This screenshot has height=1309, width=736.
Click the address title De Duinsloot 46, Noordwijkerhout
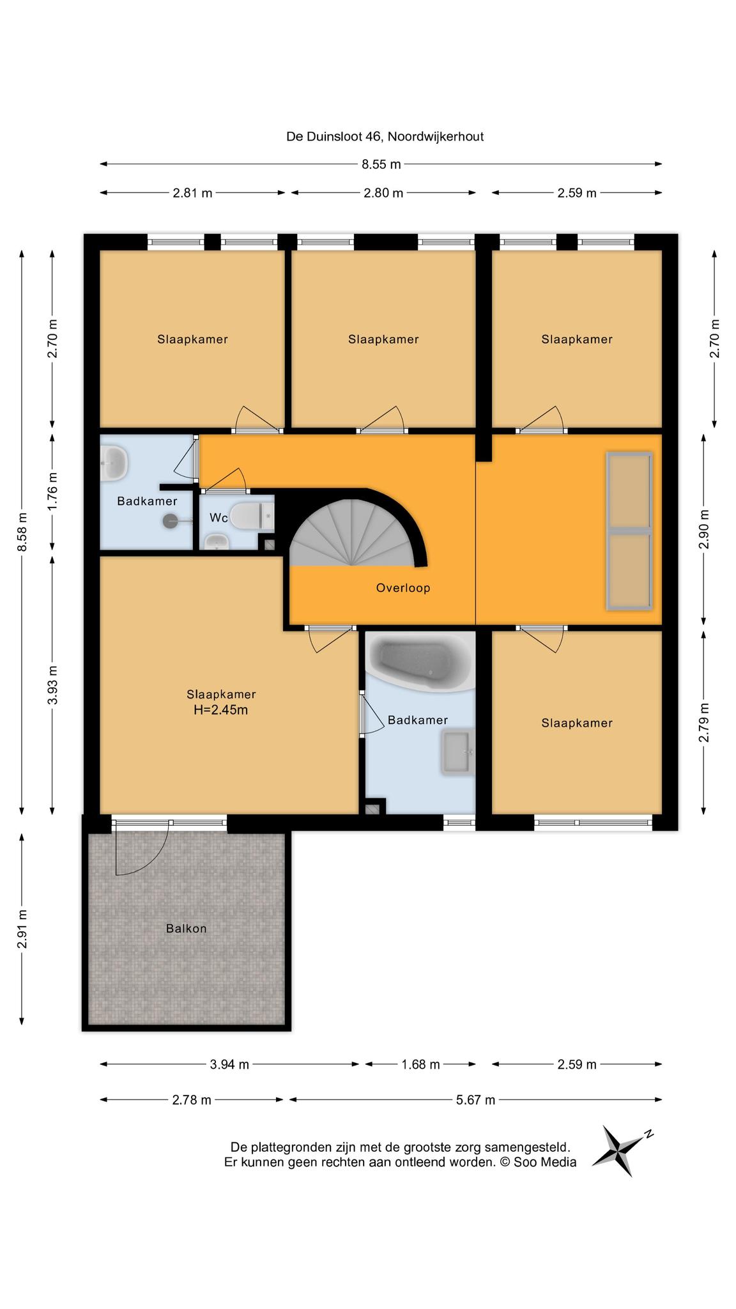click(x=385, y=136)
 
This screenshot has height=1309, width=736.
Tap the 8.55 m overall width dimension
click(x=381, y=164)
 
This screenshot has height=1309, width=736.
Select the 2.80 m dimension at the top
click(x=383, y=193)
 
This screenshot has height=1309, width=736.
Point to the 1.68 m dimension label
click(x=420, y=1064)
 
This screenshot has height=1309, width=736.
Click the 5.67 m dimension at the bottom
click(x=475, y=1100)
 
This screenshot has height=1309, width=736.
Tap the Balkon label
click(x=187, y=928)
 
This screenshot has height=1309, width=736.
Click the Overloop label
click(x=403, y=588)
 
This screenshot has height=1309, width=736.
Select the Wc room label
click(x=218, y=518)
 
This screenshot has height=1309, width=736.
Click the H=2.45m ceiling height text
click(x=221, y=709)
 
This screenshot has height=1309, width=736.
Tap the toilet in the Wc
click(x=252, y=516)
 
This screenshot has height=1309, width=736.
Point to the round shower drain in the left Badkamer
click(x=171, y=522)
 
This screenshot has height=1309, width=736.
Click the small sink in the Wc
click(x=216, y=543)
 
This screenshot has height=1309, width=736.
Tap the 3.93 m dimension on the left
click(x=53, y=685)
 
